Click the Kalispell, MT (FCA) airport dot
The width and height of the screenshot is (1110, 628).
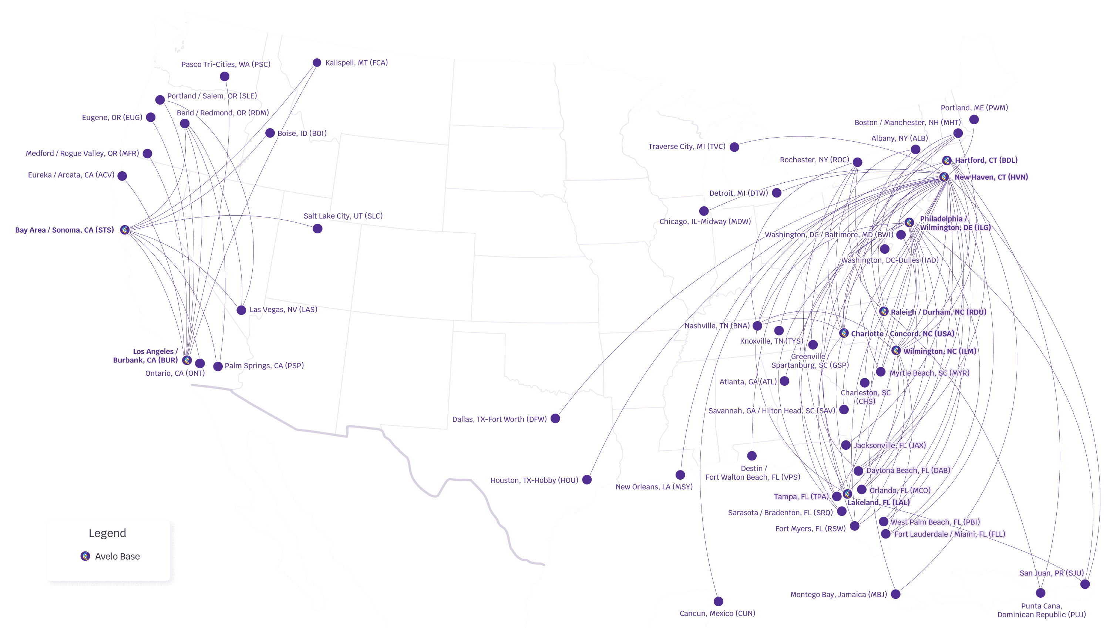(317, 63)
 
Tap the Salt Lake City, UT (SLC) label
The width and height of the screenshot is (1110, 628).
(343, 216)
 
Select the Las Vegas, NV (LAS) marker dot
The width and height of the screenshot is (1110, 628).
(241, 310)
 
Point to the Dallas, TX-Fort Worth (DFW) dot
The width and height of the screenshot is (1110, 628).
(555, 418)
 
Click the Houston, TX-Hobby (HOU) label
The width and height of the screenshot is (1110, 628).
(534, 480)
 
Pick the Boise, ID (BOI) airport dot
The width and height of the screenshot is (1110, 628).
(270, 133)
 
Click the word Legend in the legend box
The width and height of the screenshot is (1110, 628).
(107, 533)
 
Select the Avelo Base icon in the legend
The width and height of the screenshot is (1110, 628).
(85, 556)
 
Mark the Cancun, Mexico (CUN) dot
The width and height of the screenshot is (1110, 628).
(718, 601)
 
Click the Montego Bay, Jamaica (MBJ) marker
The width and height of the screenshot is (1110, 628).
(896, 594)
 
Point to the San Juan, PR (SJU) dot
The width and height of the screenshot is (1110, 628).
(1085, 584)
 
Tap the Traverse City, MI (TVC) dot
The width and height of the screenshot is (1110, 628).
(734, 147)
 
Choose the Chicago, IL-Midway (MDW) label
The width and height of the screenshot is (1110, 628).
(705, 221)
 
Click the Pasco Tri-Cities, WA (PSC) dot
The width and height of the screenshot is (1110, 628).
(224, 76)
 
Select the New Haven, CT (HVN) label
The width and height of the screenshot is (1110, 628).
(991, 177)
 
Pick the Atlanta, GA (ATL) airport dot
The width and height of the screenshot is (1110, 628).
(785, 381)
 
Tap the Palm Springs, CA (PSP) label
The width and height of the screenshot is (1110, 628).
(264, 365)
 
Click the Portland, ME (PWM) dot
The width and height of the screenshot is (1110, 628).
(974, 119)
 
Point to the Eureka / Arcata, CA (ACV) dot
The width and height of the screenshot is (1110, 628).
(122, 176)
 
